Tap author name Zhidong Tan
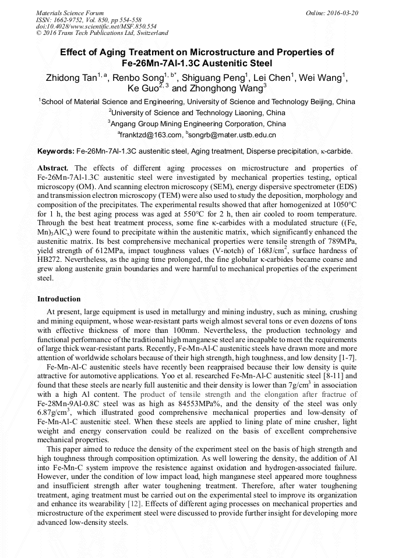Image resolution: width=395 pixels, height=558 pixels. [x=70, y=78]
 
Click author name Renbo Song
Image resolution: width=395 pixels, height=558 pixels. [x=138, y=78]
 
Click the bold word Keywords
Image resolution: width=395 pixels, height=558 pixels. [x=55, y=151]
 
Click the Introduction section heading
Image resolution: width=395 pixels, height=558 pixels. [x=59, y=299]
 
